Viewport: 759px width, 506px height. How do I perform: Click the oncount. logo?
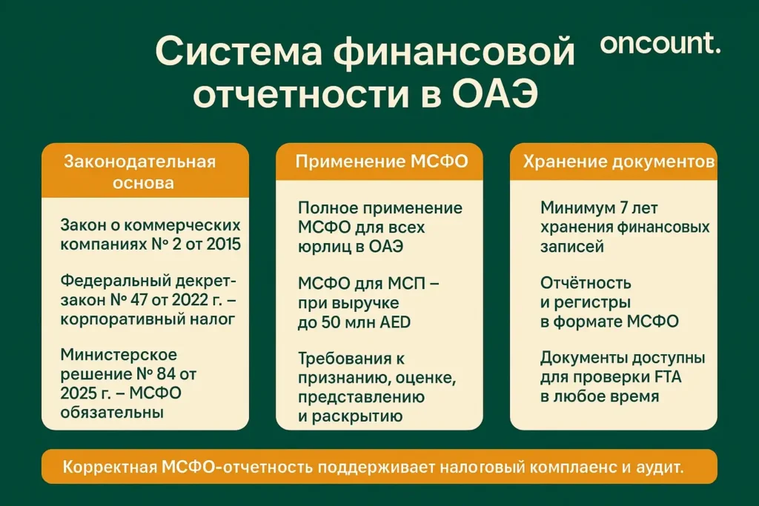tap(660, 44)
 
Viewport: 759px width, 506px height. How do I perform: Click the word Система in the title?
tap(237, 54)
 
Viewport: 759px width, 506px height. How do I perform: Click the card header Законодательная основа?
tap(145, 172)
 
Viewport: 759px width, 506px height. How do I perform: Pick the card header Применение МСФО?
tap(382, 162)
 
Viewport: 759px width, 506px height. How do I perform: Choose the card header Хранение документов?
tap(619, 162)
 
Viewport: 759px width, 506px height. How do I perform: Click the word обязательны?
tap(112, 411)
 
